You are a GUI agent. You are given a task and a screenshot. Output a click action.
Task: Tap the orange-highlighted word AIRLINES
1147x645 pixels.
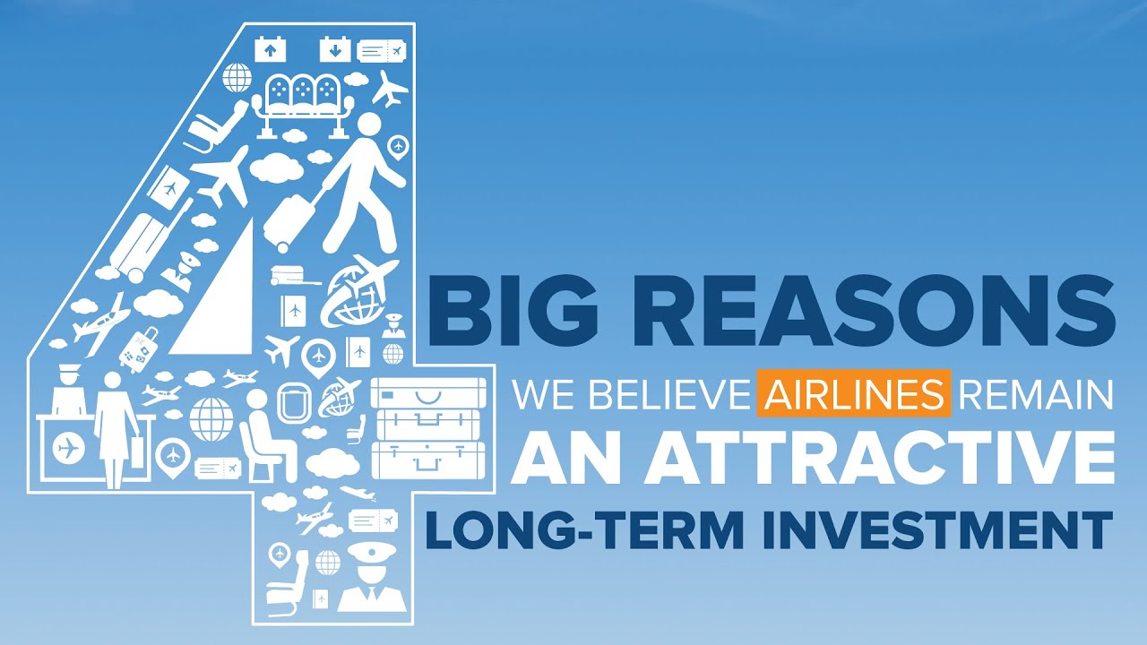[x=853, y=393]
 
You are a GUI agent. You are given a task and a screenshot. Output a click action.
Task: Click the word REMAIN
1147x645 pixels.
[x=1036, y=394]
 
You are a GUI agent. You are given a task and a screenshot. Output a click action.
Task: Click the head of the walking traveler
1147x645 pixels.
[x=368, y=126]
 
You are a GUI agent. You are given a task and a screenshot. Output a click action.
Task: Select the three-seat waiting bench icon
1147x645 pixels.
[x=302, y=103]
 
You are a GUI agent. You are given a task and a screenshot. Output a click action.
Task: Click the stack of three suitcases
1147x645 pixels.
[x=427, y=427]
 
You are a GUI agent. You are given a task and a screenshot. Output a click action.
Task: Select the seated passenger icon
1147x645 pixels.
[x=267, y=434]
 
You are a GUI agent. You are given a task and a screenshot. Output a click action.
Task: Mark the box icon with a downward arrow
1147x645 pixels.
[x=335, y=49]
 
